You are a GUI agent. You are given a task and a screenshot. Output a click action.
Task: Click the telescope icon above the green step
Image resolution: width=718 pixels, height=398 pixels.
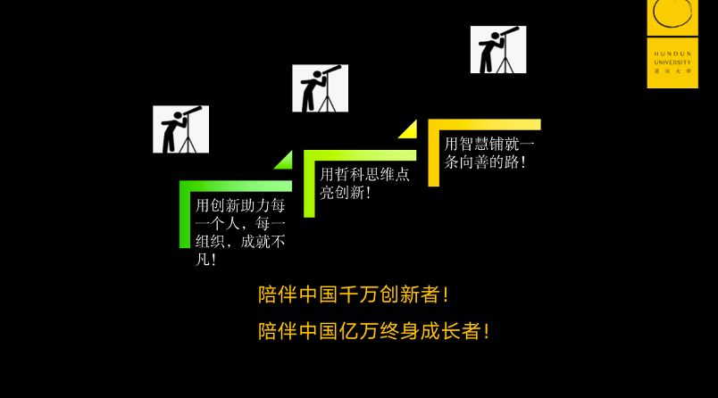click(x=180, y=129)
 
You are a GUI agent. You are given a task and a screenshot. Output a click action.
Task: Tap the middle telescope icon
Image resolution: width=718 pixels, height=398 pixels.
click(x=320, y=88)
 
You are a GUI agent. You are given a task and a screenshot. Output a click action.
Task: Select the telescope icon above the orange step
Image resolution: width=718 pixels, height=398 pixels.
click(x=498, y=49)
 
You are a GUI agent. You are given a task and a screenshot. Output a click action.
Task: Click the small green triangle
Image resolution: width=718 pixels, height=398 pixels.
click(x=285, y=162)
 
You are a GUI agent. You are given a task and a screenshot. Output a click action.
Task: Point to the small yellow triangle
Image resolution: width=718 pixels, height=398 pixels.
click(x=409, y=130)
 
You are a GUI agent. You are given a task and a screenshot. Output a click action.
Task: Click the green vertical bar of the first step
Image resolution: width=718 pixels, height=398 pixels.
click(x=185, y=219)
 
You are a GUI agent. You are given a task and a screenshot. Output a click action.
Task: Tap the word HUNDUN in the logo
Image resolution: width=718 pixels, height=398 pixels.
click(x=672, y=52)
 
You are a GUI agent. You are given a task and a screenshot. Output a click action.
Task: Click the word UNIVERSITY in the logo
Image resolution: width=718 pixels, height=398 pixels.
click(x=672, y=62)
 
